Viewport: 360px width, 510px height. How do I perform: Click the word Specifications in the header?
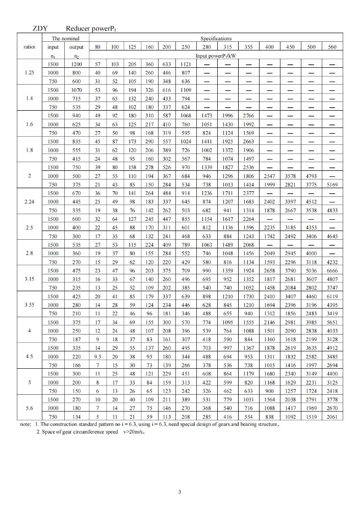click(x=216, y=38)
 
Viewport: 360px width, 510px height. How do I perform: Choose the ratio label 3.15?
click(x=29, y=279)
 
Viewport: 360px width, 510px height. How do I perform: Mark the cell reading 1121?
click(x=186, y=64)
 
